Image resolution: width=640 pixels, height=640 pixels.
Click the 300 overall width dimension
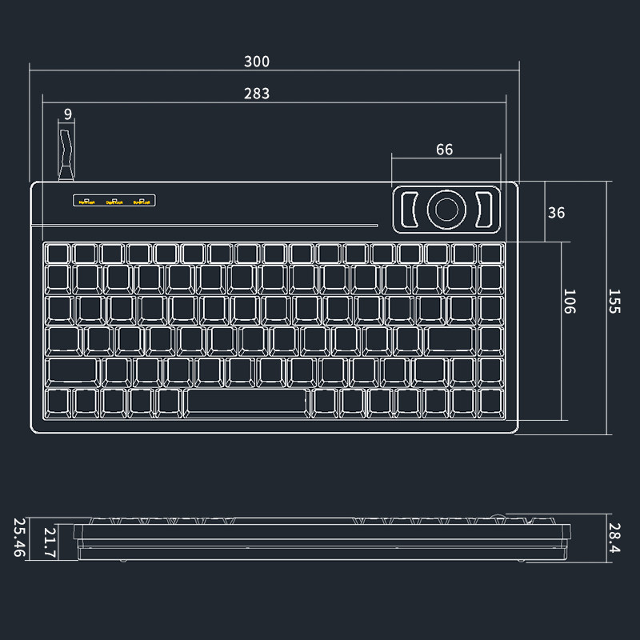258,62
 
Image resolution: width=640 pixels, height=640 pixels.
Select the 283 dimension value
257,94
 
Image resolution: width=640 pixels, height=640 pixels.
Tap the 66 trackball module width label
444,150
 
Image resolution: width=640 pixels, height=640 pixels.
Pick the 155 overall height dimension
614,302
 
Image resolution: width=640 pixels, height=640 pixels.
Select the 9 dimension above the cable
68,114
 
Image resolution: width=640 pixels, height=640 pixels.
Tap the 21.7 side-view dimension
50,542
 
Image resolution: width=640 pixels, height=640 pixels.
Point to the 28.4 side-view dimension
614,538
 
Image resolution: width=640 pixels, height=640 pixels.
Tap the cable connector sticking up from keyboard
66,152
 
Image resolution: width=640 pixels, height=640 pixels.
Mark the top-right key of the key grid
490,253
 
